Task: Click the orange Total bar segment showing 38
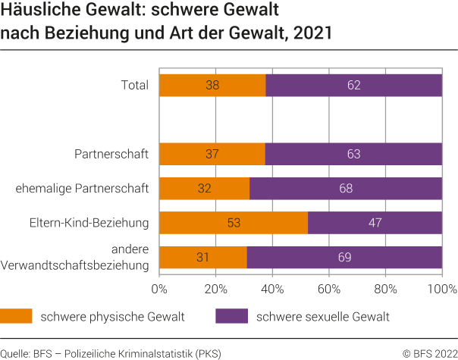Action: click(212, 86)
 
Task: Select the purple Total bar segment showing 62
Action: click(353, 86)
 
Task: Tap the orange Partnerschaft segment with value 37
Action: click(212, 155)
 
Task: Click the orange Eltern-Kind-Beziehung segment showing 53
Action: click(234, 223)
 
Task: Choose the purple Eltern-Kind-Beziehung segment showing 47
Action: click(375, 223)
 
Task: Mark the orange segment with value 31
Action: click(203, 257)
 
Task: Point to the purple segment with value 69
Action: click(344, 257)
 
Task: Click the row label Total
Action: click(135, 86)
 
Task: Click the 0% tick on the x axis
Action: click(160, 289)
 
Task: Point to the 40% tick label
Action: click(272, 289)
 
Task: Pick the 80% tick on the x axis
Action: click(385, 289)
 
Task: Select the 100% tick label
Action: click(442, 289)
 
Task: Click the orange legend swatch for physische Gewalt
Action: click(16, 316)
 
